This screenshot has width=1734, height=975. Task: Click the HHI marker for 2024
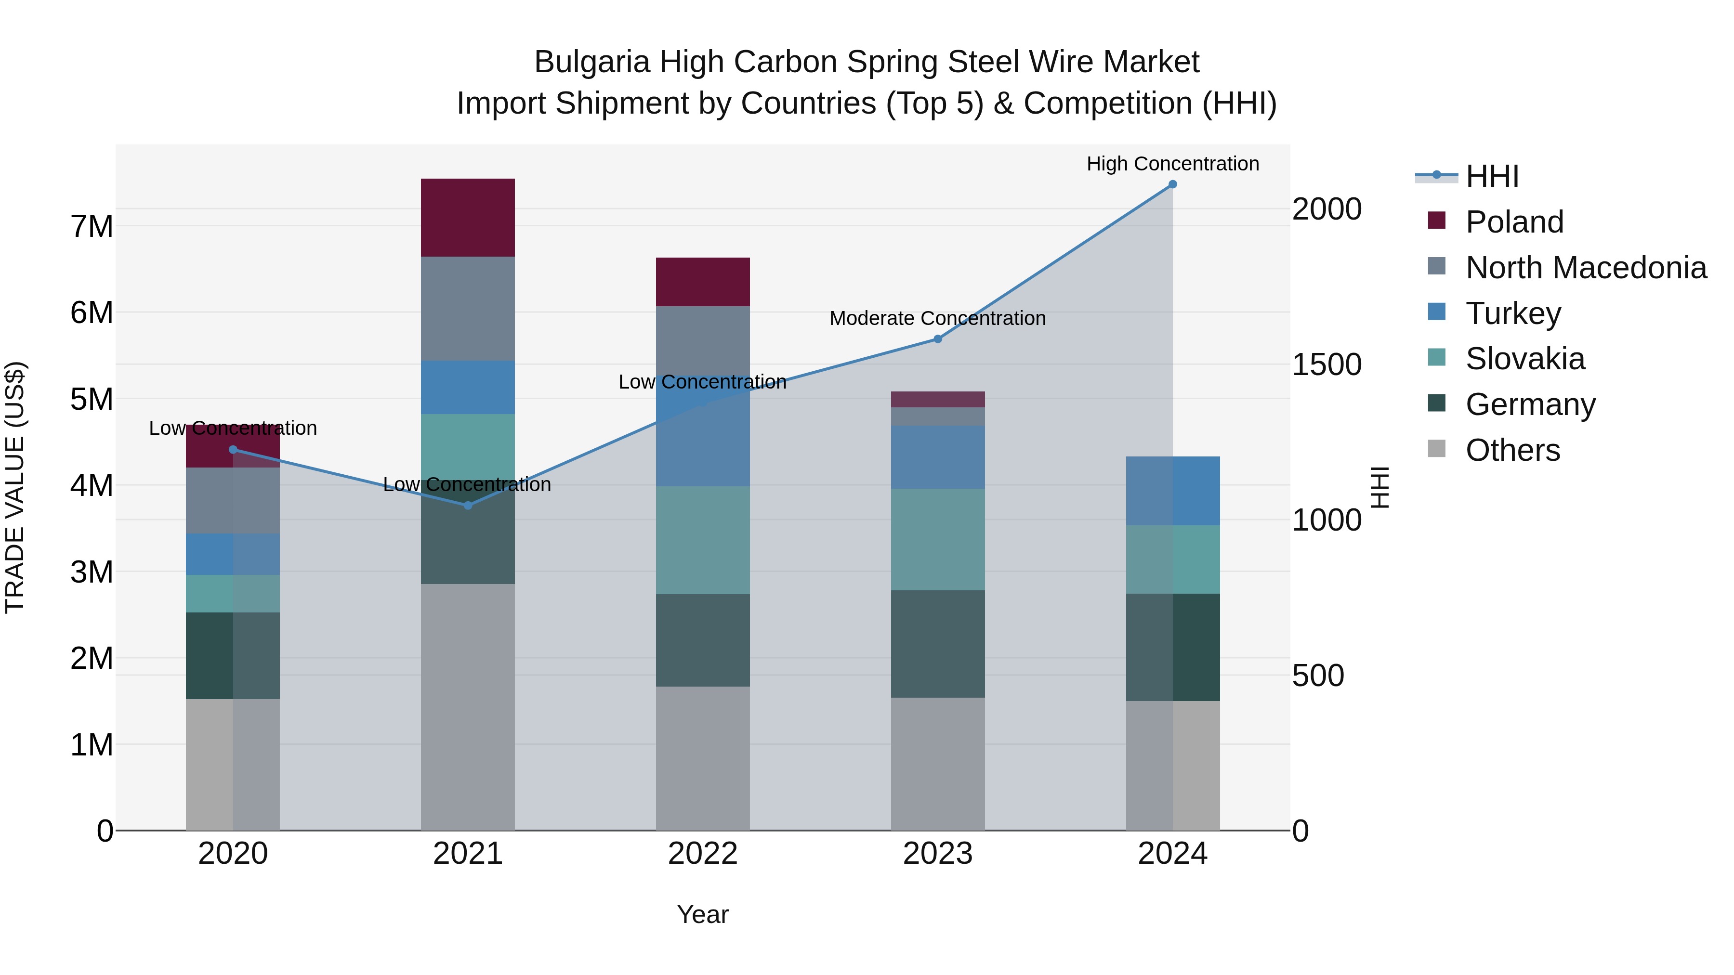pos(1172,184)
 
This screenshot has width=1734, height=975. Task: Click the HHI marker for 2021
pos(468,506)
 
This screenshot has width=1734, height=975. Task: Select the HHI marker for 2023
pos(938,339)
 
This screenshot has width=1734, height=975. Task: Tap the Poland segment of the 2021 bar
pos(468,217)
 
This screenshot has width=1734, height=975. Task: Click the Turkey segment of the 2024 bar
pos(1172,491)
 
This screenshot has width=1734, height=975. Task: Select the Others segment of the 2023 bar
pos(938,764)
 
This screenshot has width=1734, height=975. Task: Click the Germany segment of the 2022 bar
pos(703,640)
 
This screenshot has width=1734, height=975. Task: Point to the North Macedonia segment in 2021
pos(468,308)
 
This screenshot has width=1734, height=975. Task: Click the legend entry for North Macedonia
pos(1585,268)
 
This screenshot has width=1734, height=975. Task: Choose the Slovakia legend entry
pos(1524,359)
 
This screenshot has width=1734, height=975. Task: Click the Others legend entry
pos(1512,450)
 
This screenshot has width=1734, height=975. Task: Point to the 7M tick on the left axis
pos(92,226)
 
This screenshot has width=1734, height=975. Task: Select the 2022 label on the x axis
pos(703,854)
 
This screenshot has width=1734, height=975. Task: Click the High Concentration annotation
pos(1172,164)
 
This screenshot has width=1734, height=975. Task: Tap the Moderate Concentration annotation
pos(938,318)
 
